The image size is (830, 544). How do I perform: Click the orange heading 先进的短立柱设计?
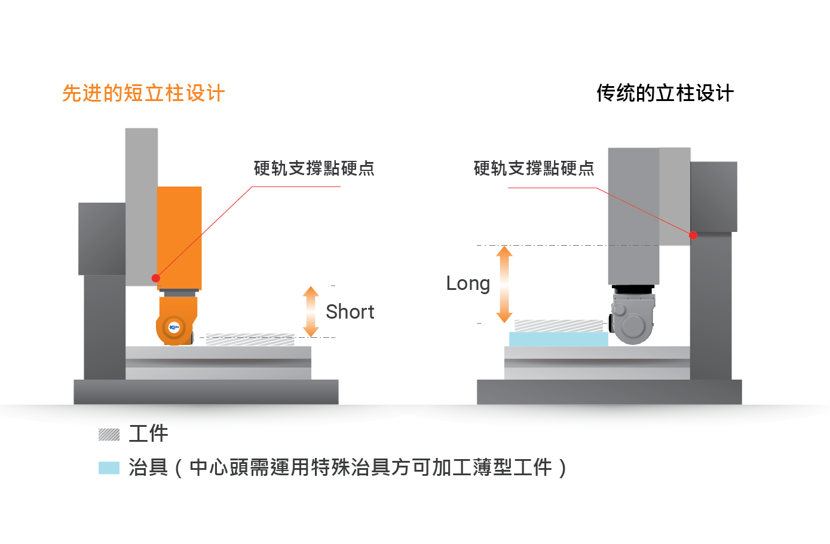click(x=143, y=93)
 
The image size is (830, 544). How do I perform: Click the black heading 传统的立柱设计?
click(x=664, y=93)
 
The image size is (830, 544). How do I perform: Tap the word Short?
click(x=350, y=311)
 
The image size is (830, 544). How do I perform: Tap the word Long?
click(x=467, y=283)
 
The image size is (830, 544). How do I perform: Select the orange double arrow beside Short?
click(x=311, y=311)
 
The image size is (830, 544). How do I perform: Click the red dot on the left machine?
click(x=156, y=278)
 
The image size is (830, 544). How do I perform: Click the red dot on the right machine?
click(x=693, y=235)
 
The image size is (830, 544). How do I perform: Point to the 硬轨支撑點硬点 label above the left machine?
click(x=314, y=169)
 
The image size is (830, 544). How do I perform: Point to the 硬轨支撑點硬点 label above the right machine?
click(x=534, y=169)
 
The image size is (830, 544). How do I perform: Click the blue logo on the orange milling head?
click(x=174, y=327)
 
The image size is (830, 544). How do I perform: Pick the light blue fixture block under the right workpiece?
click(x=558, y=339)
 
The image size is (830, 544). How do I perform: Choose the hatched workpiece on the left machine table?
click(x=250, y=340)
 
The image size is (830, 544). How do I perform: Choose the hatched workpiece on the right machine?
click(x=558, y=325)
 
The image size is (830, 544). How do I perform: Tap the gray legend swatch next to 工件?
click(x=109, y=435)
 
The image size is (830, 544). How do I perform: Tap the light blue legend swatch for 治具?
click(x=109, y=467)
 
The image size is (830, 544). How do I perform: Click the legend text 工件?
click(x=148, y=433)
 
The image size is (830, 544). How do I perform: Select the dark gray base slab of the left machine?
click(x=206, y=392)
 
